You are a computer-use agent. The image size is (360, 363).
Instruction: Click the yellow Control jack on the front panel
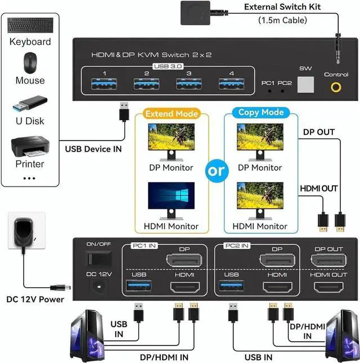coord(336,87)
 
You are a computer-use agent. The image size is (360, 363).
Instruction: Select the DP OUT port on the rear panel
coord(327,261)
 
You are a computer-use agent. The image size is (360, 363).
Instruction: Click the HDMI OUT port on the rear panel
coord(327,287)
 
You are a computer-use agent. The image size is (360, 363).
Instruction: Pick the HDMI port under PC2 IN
coord(276,287)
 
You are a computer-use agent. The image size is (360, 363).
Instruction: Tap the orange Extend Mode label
coord(172,114)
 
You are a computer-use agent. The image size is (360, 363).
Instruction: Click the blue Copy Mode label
coord(256,112)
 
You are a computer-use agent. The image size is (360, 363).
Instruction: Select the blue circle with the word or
coord(216,171)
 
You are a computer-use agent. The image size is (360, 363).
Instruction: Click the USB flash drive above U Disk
coord(30,104)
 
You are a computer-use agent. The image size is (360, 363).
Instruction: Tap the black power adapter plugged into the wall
coord(24,233)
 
